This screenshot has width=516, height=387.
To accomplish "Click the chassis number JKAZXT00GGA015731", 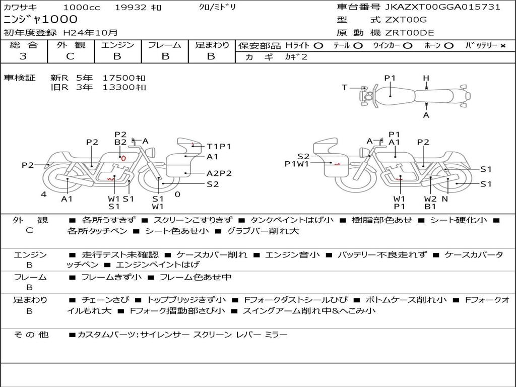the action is pyautogui.click(x=442, y=7).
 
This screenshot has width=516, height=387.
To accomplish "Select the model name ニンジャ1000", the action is pyautogui.click(x=41, y=20).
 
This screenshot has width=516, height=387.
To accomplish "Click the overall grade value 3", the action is pyautogui.click(x=23, y=56).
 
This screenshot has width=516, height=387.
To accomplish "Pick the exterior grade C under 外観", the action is pyautogui.click(x=70, y=56).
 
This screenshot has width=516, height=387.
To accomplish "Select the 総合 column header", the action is pyautogui.click(x=23, y=45).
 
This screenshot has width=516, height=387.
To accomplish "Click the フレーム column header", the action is pyautogui.click(x=165, y=45).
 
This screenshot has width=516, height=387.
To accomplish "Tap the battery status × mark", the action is pyautogui.click(x=502, y=46).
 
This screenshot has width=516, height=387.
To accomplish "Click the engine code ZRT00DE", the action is pyautogui.click(x=409, y=33).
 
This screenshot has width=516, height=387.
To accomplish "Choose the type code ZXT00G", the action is pyautogui.click(x=406, y=20).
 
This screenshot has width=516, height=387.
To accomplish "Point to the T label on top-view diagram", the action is pyautogui.click(x=345, y=88).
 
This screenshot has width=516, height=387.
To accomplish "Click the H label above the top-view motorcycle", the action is pyautogui.click(x=426, y=78).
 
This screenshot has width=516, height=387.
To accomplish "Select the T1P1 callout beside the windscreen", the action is pyautogui.click(x=219, y=147).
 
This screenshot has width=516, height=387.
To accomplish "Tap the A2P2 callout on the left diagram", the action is pyautogui.click(x=219, y=173).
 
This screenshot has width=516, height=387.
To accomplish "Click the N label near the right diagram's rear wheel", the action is pyautogui.click(x=444, y=199).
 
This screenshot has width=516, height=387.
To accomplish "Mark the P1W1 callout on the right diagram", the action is pyautogui.click(x=296, y=163).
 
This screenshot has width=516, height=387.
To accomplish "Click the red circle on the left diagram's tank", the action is pyautogui.click(x=123, y=158).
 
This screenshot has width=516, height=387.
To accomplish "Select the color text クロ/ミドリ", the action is pyautogui.click(x=217, y=7).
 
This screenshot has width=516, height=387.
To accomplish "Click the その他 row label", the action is pyautogui.click(x=31, y=335).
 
